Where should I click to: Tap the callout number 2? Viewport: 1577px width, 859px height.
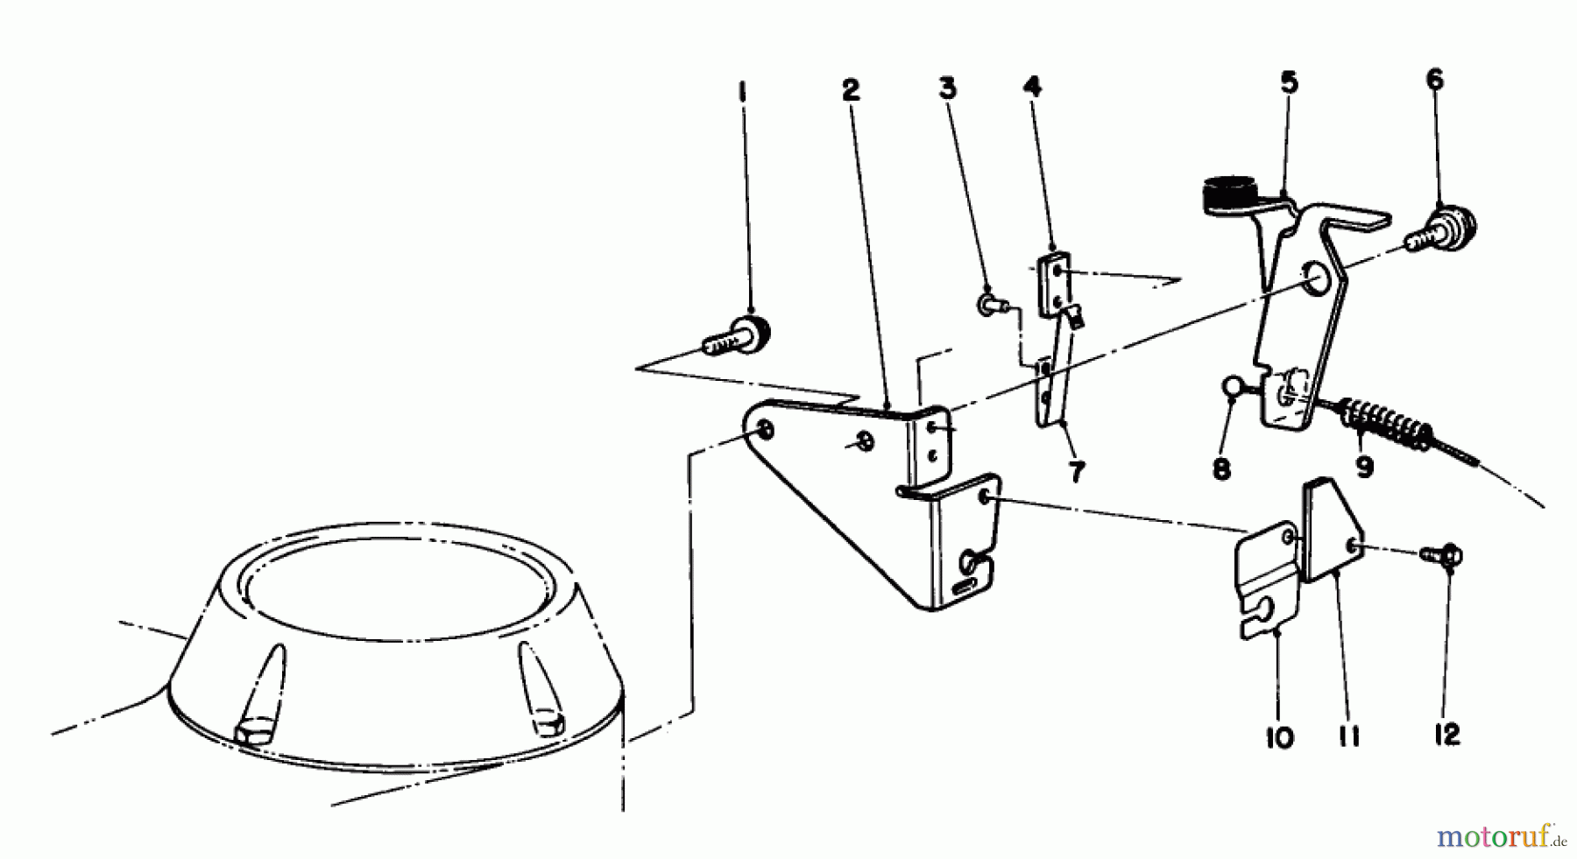(x=849, y=91)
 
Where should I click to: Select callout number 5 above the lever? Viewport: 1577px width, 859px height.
(x=1288, y=83)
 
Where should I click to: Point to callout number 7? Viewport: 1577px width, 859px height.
(x=1076, y=471)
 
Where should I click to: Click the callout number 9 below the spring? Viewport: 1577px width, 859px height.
(x=1364, y=467)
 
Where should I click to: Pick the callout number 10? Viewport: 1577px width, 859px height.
(x=1279, y=737)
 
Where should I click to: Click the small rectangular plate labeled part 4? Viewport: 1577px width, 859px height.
(x=1054, y=285)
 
